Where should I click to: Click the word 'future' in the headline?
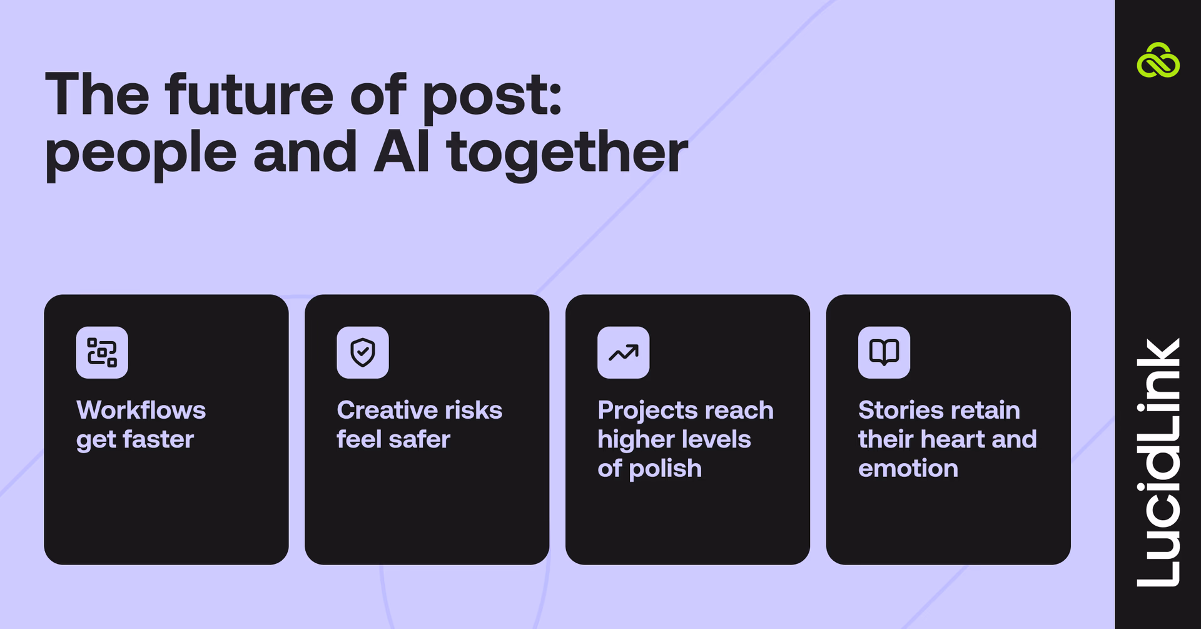pyautogui.click(x=249, y=95)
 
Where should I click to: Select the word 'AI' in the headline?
pyautogui.click(x=402, y=152)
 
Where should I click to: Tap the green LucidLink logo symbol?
pyautogui.click(x=1158, y=61)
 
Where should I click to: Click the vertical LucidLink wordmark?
pyautogui.click(x=1158, y=463)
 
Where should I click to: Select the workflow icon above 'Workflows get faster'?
pyautogui.click(x=102, y=352)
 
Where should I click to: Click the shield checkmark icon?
pyautogui.click(x=363, y=352)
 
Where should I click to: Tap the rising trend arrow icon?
pyautogui.click(x=624, y=352)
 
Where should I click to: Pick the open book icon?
pyautogui.click(x=884, y=352)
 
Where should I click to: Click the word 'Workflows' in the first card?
pyautogui.click(x=141, y=411)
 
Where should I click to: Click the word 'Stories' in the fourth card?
pyautogui.click(x=899, y=411)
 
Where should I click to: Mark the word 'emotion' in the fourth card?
pyautogui.click(x=908, y=469)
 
